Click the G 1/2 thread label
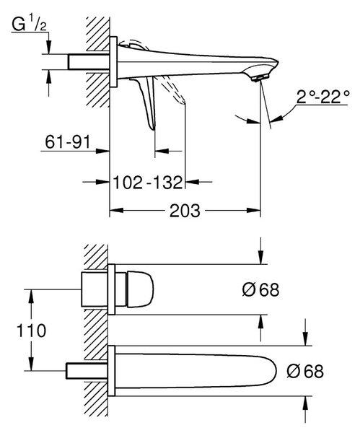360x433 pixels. coord(30,25)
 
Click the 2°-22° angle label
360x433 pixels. coord(323,97)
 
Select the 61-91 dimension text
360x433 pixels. coord(68,142)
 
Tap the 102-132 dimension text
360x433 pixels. coord(148,183)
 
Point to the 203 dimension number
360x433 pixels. coord(185,211)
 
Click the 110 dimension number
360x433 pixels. coord(32,331)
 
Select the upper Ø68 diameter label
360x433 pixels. coord(261,289)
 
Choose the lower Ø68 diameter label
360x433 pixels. coord(305,371)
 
